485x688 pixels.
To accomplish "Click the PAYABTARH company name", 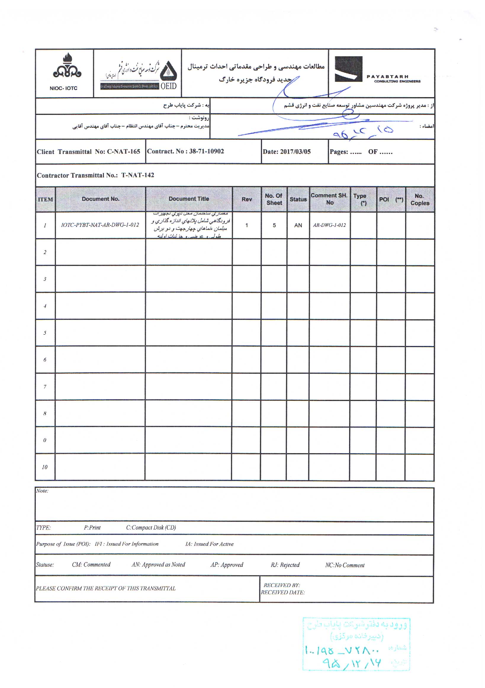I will (x=387, y=77).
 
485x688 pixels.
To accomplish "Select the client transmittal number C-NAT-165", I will (x=123, y=152).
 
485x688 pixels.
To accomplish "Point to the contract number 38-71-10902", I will (x=206, y=151).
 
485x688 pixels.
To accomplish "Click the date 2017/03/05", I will (x=295, y=152).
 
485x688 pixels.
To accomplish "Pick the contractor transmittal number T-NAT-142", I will (x=137, y=175).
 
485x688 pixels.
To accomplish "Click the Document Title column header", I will (x=189, y=199).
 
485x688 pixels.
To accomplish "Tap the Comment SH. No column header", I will (x=329, y=199).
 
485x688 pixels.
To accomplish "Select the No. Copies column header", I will (x=420, y=200).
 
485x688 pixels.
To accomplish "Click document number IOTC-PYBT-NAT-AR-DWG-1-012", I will (x=100, y=225).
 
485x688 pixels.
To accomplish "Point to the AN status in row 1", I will (x=298, y=225).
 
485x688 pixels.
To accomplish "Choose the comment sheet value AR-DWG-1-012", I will (x=329, y=225).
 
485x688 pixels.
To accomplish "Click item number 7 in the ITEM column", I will (x=45, y=387).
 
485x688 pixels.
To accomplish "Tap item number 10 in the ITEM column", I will (x=45, y=467).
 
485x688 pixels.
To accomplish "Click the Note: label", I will (x=42, y=491).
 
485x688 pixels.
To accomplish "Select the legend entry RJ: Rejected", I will (x=285, y=565).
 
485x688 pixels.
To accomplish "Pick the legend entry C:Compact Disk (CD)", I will (x=151, y=528).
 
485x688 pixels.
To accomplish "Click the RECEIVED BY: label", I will (x=282, y=585).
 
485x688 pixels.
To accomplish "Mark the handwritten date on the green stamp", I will (x=352, y=663).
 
